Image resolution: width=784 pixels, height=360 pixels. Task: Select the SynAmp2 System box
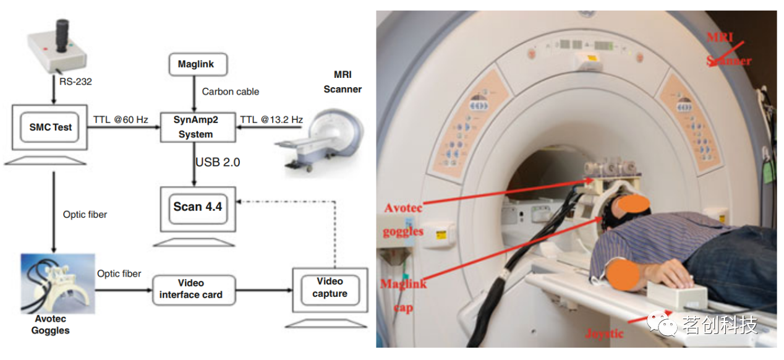(x=195, y=126)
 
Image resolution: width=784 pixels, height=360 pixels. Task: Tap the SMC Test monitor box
(x=51, y=127)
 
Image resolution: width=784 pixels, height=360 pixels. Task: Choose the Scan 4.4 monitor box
(x=197, y=207)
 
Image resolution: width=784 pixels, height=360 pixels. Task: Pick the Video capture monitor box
(x=330, y=288)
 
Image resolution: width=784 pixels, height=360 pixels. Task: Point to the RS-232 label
(x=75, y=80)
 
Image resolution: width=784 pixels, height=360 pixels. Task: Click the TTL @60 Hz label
(x=121, y=119)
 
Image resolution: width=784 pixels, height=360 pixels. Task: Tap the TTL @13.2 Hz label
(x=271, y=119)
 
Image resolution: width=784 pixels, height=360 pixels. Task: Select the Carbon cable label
(x=231, y=92)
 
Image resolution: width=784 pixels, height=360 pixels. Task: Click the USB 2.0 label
(x=218, y=162)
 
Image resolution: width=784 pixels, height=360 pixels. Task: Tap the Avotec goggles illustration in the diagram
(x=58, y=282)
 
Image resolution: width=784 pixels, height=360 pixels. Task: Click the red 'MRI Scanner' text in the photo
(x=729, y=49)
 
